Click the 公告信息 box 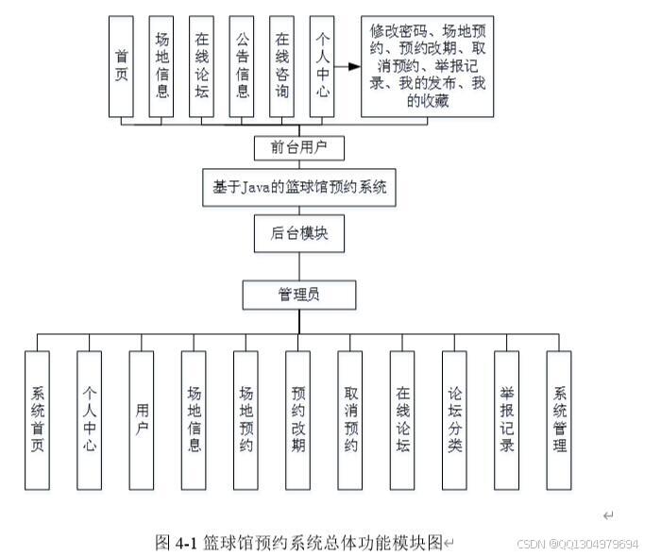[x=242, y=65]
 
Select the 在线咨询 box [x=281, y=65]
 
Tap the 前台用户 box [x=299, y=148]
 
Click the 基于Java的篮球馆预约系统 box [x=299, y=187]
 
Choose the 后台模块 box [x=299, y=233]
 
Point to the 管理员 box [x=298, y=295]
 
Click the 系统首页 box [x=38, y=420]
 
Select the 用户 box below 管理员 [x=142, y=420]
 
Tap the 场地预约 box [x=246, y=420]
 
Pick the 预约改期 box [x=298, y=420]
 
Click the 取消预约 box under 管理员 [x=350, y=420]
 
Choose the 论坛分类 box [x=454, y=420]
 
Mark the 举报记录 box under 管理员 [x=507, y=420]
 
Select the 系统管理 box [x=559, y=420]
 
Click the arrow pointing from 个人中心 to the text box [x=347, y=66]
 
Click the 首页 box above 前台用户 [x=121, y=65]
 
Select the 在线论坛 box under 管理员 [x=402, y=420]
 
